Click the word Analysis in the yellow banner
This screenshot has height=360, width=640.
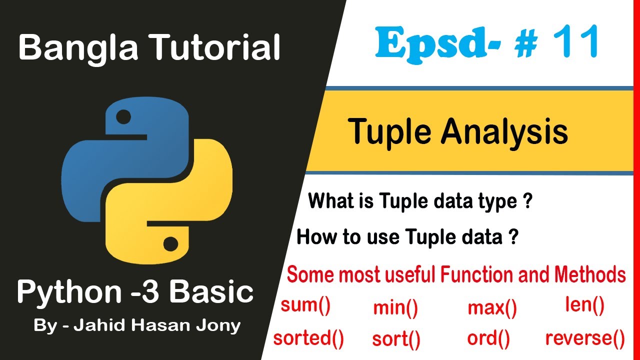tap(504, 132)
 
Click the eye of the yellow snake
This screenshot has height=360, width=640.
tap(170, 244)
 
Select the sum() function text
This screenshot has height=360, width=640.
tap(305, 305)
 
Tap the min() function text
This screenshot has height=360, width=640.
tap(395, 308)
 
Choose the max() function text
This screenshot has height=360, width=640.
tap(492, 308)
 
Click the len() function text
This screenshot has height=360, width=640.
tap(584, 304)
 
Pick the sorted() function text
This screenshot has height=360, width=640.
tap(308, 338)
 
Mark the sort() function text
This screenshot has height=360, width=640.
tap(396, 339)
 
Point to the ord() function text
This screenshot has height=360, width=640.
tap(488, 338)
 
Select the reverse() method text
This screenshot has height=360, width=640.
tap(585, 338)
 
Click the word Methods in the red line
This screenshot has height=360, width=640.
tap(590, 275)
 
